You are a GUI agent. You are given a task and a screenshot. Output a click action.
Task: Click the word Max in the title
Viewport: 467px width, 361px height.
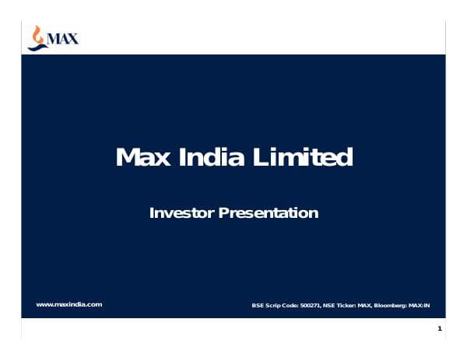139,158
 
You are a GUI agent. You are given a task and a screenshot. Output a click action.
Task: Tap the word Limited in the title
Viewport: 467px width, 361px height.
302,158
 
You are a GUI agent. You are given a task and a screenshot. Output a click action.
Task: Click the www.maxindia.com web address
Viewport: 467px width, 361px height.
69,304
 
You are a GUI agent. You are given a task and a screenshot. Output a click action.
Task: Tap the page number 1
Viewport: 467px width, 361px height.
440,330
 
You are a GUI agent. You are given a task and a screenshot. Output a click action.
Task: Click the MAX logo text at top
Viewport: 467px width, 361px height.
63,37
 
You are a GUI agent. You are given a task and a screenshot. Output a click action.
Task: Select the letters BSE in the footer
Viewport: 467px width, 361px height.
258,305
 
